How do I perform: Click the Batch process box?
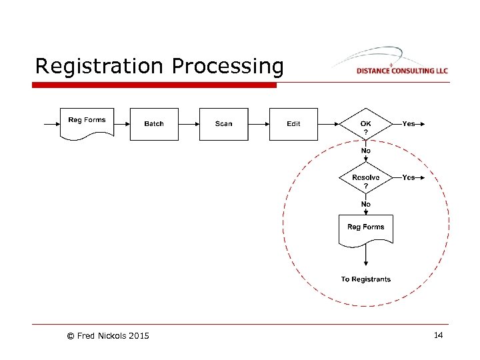click(154, 124)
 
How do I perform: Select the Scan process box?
click(224, 124)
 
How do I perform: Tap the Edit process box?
click(293, 124)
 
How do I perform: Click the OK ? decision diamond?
click(366, 125)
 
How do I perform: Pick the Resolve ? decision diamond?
click(366, 179)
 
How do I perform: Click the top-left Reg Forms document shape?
click(87, 123)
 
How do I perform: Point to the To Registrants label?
click(365, 279)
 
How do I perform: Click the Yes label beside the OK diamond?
click(409, 123)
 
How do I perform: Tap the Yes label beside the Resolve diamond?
click(409, 177)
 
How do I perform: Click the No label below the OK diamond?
click(366, 151)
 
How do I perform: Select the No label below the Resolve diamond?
click(366, 204)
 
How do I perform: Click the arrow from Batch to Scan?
click(189, 124)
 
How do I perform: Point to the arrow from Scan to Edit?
click(259, 124)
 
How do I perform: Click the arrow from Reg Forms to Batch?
click(121, 124)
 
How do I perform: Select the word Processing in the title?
click(227, 67)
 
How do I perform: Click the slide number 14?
click(438, 335)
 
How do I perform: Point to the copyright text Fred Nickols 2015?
click(107, 335)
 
